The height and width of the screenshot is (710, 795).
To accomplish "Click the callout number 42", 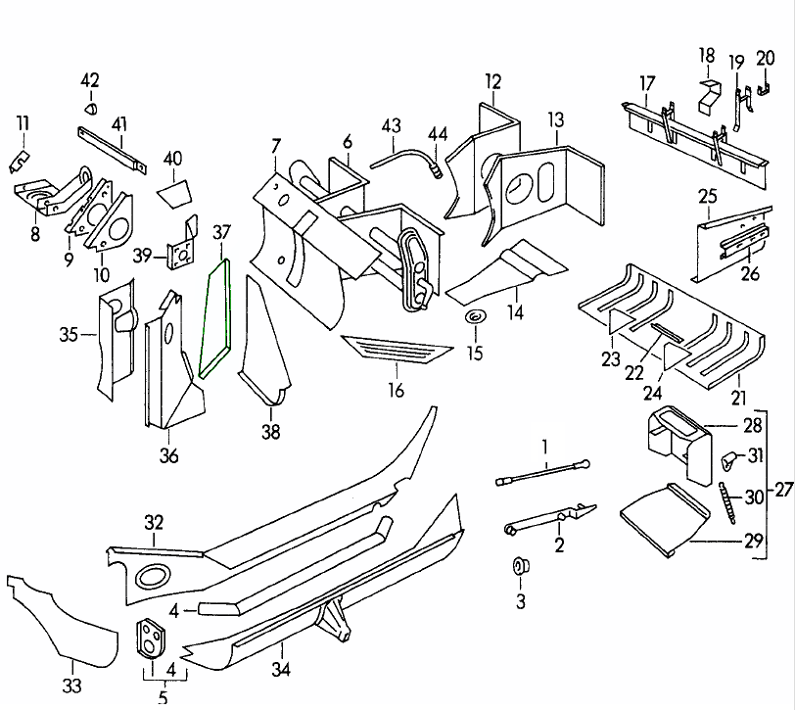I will [x=90, y=79].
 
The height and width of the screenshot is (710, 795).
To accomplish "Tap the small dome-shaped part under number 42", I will [x=91, y=108].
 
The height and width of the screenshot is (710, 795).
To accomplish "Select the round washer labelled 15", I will [x=475, y=318].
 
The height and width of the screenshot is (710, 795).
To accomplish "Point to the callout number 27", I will [x=782, y=489].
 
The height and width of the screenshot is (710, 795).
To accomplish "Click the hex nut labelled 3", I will [x=519, y=567].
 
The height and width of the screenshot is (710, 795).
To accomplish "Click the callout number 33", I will [x=71, y=686].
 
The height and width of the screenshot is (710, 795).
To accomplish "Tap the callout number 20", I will [x=765, y=60].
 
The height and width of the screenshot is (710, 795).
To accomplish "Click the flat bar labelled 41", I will [x=112, y=146].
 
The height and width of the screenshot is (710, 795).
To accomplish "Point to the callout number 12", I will [x=491, y=80].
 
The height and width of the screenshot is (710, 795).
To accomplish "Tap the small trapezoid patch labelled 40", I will [x=172, y=190].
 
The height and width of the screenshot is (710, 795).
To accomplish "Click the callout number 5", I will [x=163, y=698].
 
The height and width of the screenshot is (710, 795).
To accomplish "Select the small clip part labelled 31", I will [x=727, y=457].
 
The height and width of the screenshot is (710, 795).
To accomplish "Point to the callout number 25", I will [x=707, y=197].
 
